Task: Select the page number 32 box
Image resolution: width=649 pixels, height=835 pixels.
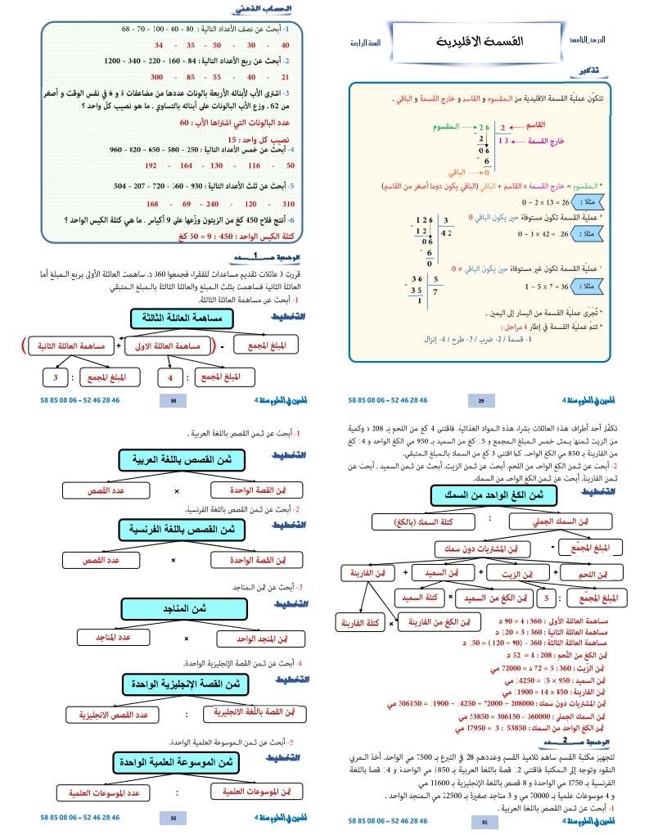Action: pos(173,817)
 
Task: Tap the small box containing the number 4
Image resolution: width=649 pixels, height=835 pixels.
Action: pos(170,377)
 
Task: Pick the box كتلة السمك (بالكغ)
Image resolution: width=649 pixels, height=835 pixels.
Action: pos(413,521)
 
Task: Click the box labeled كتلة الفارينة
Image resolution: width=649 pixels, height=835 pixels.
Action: pos(361,624)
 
